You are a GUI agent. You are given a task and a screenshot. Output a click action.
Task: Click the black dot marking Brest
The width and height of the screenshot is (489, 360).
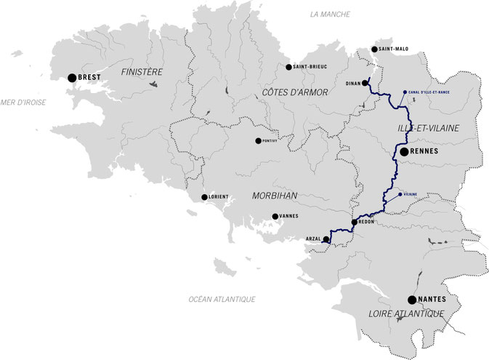coord(72,77)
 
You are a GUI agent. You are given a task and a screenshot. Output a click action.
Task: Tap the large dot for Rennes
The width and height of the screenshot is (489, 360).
coord(404,151)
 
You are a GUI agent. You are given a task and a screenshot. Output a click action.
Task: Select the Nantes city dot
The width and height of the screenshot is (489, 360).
coord(411,300)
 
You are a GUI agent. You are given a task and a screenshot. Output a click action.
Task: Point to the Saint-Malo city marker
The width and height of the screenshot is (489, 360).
coord(374,49)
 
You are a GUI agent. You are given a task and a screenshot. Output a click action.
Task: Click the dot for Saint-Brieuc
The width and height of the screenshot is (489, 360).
coord(288,67)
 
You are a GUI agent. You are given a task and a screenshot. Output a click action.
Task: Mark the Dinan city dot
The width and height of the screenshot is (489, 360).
coord(365,83)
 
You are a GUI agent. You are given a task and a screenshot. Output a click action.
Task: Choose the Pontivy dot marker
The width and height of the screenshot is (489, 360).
coord(257,141)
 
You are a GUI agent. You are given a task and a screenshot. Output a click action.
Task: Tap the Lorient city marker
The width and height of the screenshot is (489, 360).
coord(204,197)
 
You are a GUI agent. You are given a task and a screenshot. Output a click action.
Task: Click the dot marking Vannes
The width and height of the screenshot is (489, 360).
coord(275,216)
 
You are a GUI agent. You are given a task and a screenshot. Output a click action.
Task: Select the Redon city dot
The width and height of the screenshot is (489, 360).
coord(354,223)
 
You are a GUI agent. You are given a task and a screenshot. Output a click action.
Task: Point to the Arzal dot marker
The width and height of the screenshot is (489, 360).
coord(326,239)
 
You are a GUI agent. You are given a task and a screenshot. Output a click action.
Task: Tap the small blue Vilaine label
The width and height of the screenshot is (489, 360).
coord(410,194)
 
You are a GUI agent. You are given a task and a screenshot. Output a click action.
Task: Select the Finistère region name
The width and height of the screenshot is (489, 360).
coord(142,72)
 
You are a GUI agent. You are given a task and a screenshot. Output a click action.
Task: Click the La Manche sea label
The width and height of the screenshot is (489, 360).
coord(329,14)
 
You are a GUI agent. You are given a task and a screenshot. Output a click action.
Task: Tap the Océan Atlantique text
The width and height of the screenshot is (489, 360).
coord(222,299)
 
